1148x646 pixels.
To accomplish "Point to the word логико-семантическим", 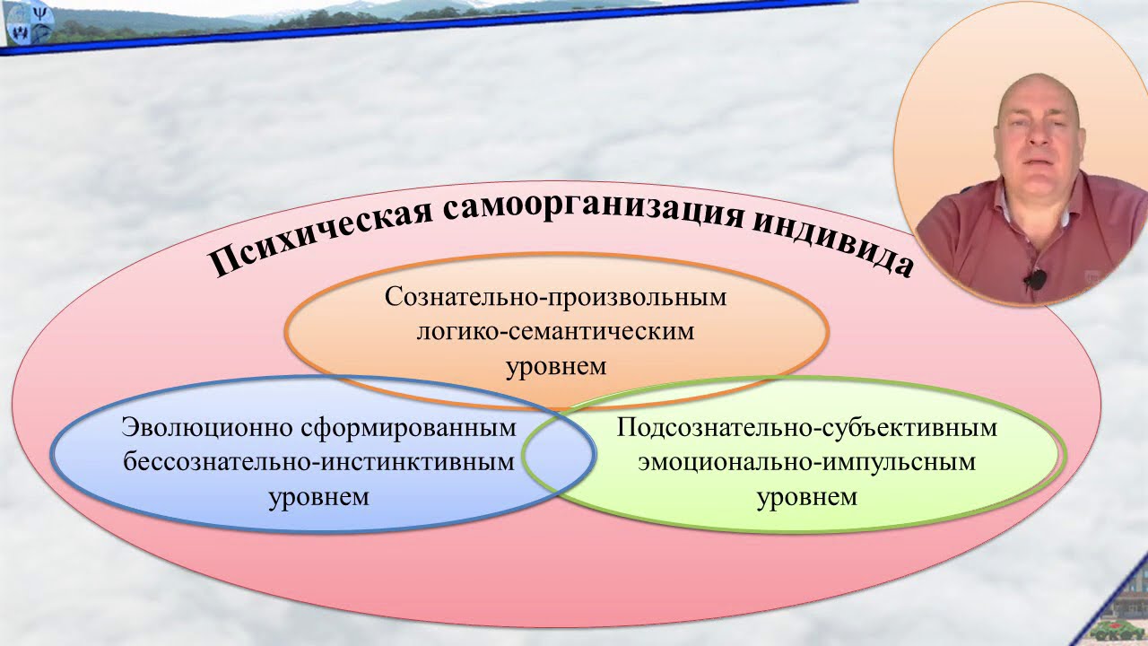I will [x=555, y=332].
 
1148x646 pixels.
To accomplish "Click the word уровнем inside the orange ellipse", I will [x=556, y=366].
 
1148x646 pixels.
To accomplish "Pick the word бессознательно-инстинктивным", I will [x=319, y=462].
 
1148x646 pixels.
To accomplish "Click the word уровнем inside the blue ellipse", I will [x=319, y=496].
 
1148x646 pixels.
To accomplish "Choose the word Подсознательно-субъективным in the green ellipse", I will [x=806, y=427].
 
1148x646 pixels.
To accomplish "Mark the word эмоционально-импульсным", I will [x=806, y=462].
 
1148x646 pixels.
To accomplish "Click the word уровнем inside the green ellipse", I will [x=806, y=496].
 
